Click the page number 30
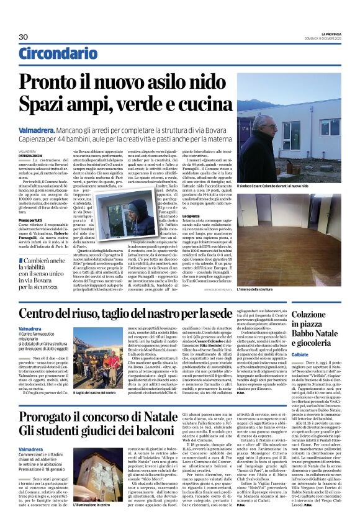click(24, 37)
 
